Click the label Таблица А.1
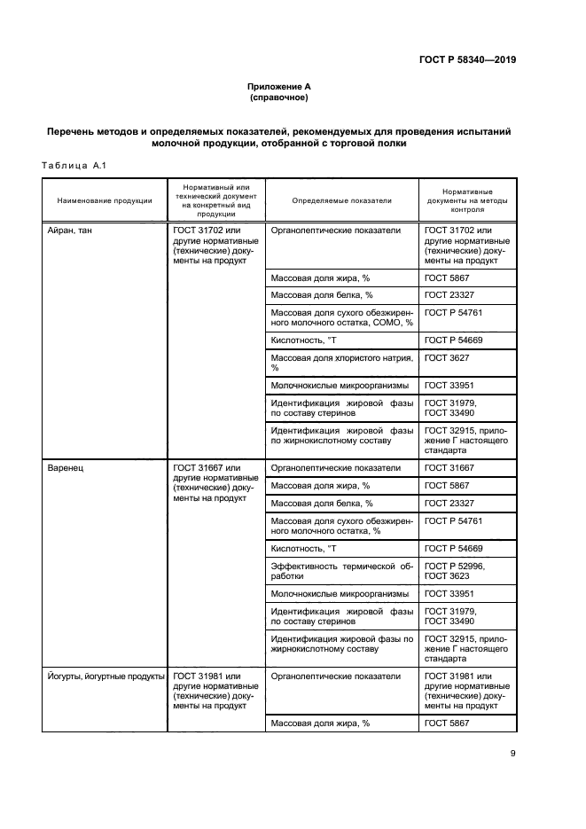tap(74, 165)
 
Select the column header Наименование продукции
tap(105, 200)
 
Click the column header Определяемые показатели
tap(341, 200)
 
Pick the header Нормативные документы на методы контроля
tap(467, 200)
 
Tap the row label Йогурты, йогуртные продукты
tap(105, 676)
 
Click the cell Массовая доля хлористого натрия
tap(341, 362)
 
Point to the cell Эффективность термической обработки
tap(341, 571)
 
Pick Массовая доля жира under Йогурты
tap(320, 723)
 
